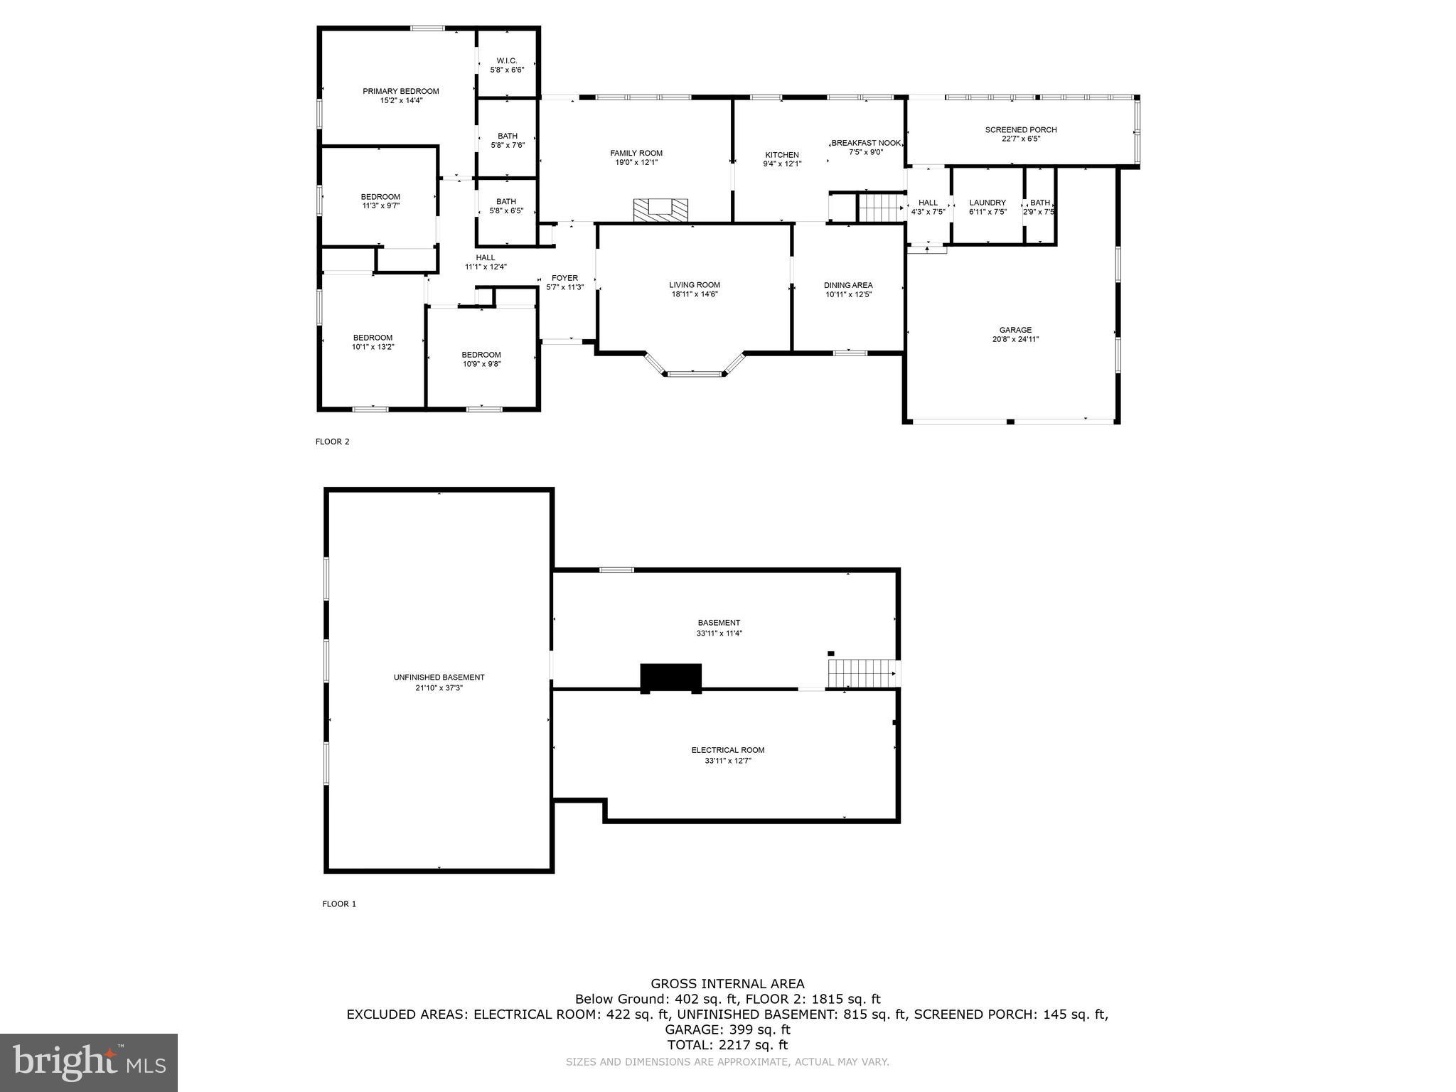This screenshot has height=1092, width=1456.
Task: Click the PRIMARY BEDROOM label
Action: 400,91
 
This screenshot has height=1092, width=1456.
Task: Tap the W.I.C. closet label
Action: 506,60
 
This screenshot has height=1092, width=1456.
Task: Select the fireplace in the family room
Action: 661,210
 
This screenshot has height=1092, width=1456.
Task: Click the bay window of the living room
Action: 694,370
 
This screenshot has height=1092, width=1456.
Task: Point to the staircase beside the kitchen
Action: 880,208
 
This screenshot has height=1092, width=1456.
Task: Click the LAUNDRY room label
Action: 987,203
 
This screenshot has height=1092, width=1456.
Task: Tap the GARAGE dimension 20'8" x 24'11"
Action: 1015,339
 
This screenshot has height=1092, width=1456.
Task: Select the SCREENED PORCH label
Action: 1020,129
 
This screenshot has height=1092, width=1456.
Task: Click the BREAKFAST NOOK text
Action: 866,143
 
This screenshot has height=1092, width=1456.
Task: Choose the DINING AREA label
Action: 848,285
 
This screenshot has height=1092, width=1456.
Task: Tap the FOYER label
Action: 564,278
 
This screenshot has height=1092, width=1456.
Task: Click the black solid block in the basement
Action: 670,678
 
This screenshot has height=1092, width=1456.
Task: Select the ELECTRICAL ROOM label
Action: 727,750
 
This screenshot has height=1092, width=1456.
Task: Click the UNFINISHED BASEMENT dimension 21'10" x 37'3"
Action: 439,687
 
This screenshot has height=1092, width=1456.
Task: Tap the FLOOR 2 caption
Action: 332,441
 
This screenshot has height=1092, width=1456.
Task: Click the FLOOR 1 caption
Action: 339,904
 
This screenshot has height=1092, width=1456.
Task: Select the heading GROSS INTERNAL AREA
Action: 727,984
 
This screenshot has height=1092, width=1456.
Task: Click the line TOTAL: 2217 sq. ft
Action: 727,1045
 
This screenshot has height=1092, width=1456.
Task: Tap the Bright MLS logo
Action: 89,1062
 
